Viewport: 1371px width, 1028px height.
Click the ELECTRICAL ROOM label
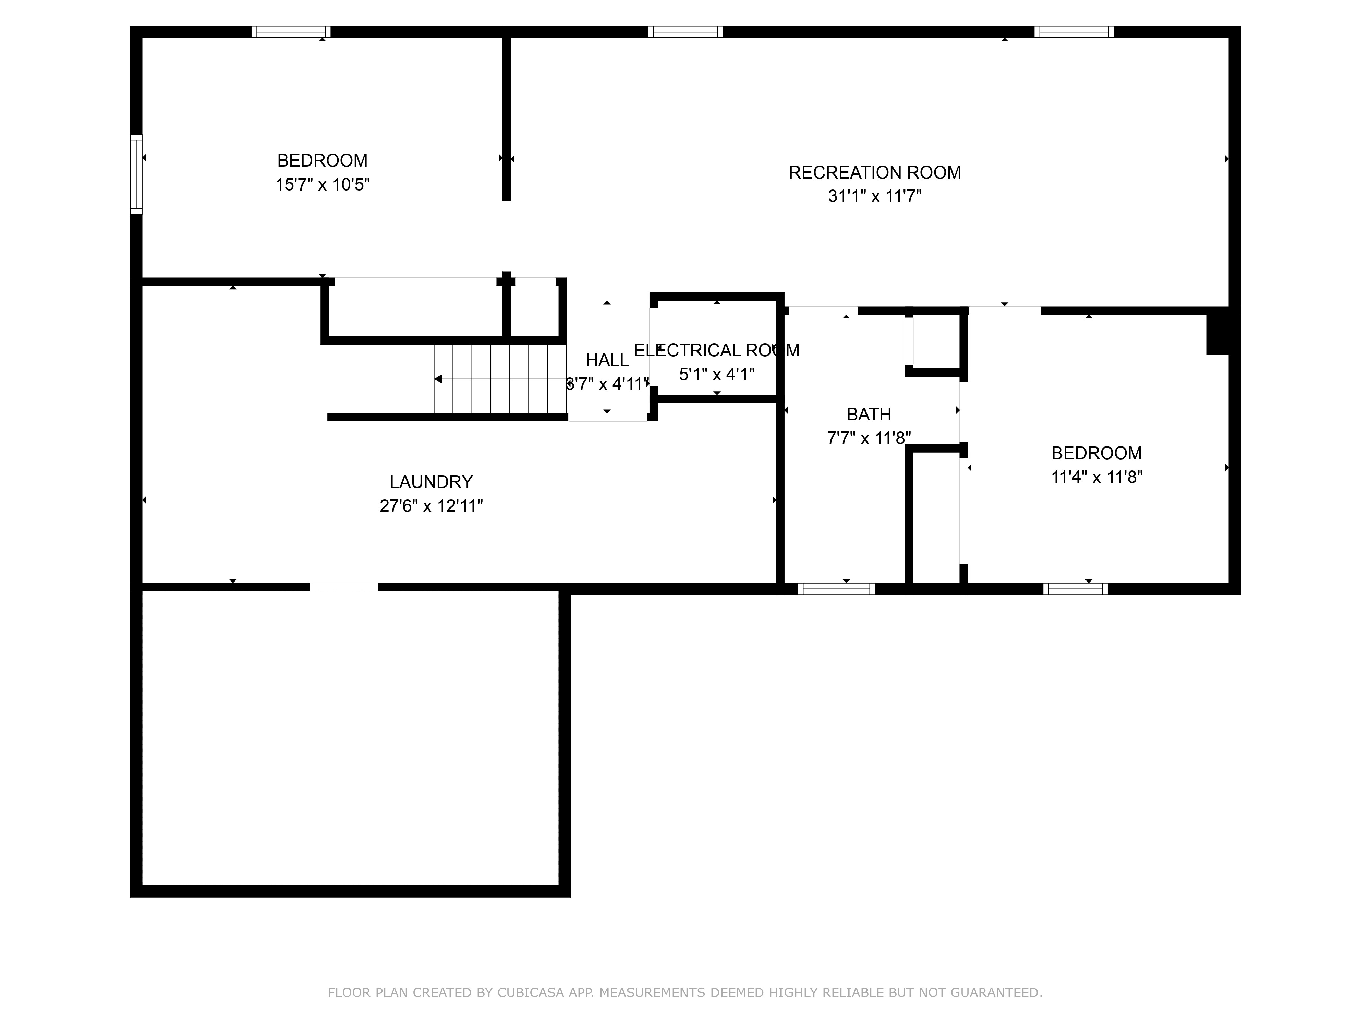[x=716, y=350]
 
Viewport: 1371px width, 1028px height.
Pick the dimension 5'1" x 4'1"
[x=716, y=374]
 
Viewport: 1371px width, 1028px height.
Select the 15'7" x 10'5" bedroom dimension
[x=322, y=185]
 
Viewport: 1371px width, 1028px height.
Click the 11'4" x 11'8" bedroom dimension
[x=1096, y=477]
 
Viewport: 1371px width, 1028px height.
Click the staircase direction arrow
[x=439, y=379]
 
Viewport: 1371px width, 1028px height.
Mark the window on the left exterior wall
[x=136, y=174]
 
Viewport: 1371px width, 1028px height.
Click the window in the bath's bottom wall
[x=836, y=589]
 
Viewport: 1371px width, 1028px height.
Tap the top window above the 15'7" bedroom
[x=291, y=32]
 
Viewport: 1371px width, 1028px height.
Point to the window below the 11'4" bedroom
[x=1075, y=589]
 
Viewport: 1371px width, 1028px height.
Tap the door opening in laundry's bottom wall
[x=344, y=587]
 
